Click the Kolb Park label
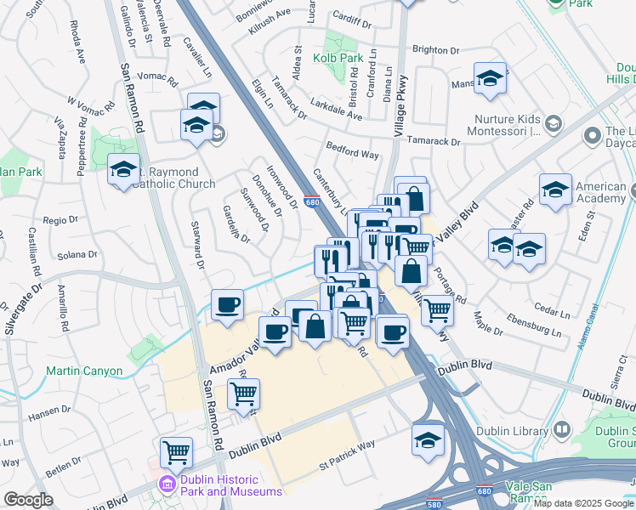tap(338, 58)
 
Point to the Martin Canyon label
tap(84, 371)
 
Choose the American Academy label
tap(600, 192)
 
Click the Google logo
tap(29, 500)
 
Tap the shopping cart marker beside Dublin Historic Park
tap(176, 452)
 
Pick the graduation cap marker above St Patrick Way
tap(428, 439)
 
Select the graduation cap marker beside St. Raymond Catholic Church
tap(124, 170)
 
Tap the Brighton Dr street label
tap(435, 50)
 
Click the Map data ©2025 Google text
tap(583, 503)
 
